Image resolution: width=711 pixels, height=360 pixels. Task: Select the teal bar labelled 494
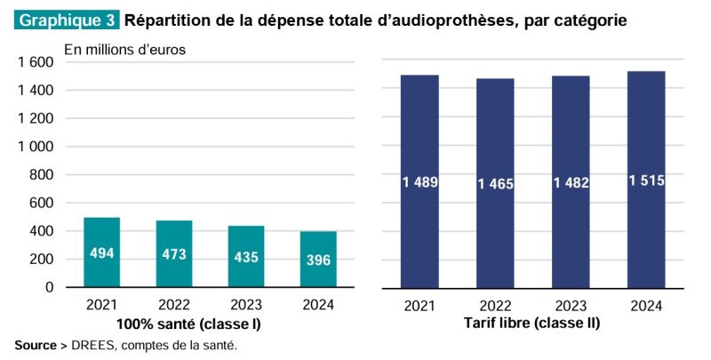(102, 252)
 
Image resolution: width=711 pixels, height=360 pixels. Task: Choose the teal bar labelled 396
(317, 260)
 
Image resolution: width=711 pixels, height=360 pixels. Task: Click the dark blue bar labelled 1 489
(419, 181)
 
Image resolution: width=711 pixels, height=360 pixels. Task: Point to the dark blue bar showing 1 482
(570, 182)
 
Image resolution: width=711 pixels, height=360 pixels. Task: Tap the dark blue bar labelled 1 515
(646, 180)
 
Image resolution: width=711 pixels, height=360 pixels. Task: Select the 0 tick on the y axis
(49, 288)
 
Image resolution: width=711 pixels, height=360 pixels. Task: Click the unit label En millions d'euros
(124, 50)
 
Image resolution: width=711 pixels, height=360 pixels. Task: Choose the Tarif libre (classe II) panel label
(531, 323)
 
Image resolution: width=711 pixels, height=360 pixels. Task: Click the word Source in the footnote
(35, 345)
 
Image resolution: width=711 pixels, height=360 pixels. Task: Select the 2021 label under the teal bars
(102, 306)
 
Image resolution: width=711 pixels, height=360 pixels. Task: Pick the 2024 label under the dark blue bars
(646, 306)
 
